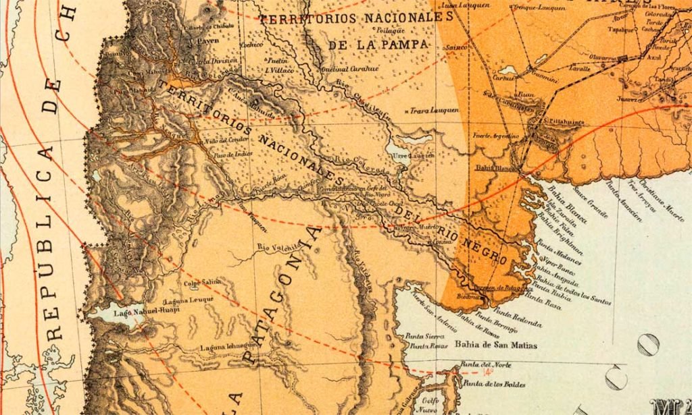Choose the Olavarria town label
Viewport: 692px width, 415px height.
[x=605, y=57]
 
